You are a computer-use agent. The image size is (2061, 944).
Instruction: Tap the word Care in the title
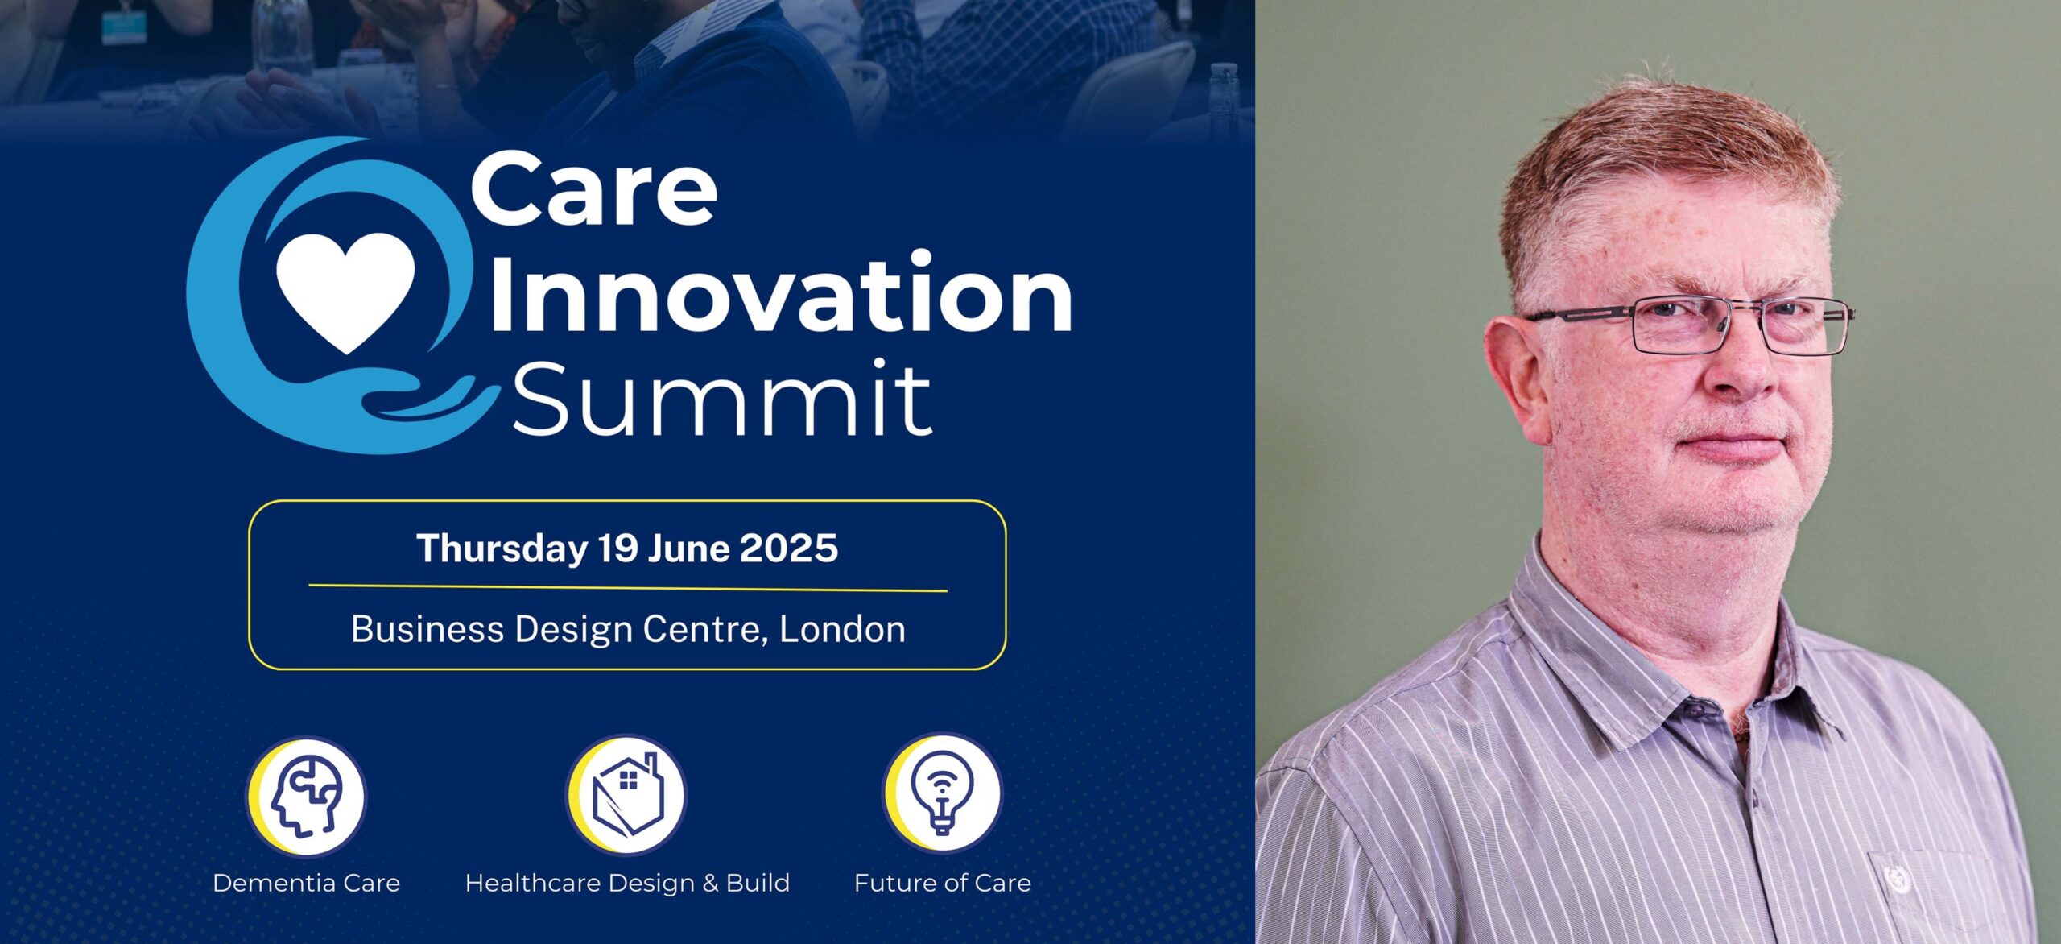pos(594,190)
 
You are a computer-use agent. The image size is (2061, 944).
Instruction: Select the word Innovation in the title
pos(780,292)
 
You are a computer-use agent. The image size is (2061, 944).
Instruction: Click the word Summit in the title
pos(722,398)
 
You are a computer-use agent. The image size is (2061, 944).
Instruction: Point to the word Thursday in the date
pos(502,549)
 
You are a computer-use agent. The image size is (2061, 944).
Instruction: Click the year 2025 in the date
pos(789,549)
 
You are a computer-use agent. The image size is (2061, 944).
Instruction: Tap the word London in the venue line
pos(842,629)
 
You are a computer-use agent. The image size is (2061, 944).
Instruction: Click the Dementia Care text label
pos(306,884)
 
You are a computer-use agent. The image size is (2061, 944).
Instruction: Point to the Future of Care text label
pos(943,884)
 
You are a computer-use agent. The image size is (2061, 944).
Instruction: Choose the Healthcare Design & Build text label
pos(627,884)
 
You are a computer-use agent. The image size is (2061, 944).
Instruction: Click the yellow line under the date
pos(628,588)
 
